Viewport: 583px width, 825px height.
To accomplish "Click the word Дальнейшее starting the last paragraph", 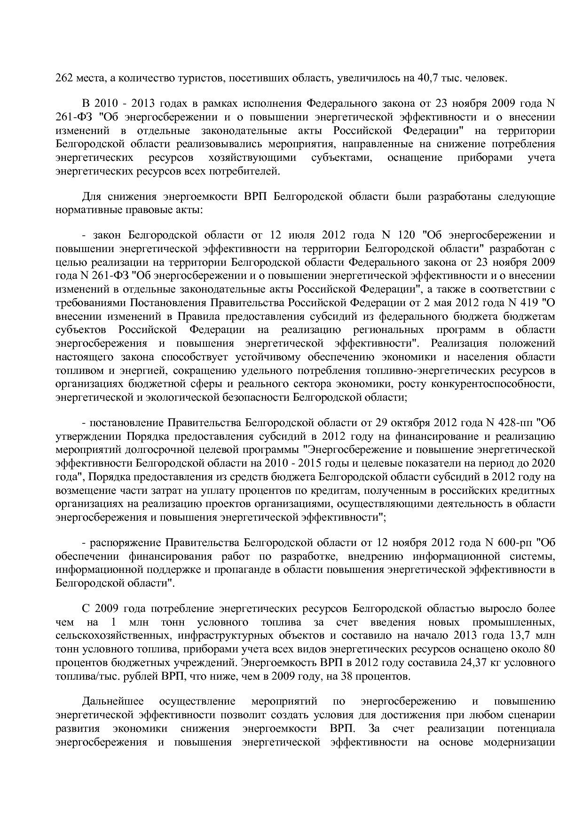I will (113, 702).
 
